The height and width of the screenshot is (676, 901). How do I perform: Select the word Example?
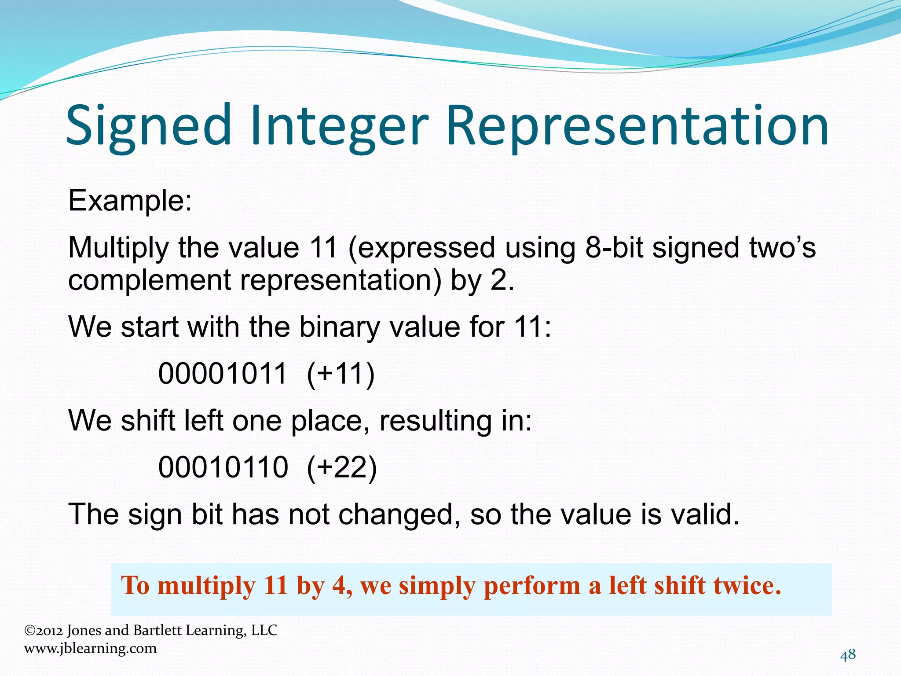(x=130, y=201)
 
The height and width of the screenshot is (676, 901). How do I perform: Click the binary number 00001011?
(x=223, y=374)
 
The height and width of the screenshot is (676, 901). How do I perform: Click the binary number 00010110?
(x=223, y=467)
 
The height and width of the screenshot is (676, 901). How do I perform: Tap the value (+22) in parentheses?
(x=342, y=467)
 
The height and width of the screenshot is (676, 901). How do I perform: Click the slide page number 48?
(x=848, y=655)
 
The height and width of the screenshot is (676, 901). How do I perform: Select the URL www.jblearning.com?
(x=90, y=648)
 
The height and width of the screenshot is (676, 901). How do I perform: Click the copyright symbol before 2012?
(x=29, y=631)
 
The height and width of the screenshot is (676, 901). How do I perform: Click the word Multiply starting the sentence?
(x=118, y=247)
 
